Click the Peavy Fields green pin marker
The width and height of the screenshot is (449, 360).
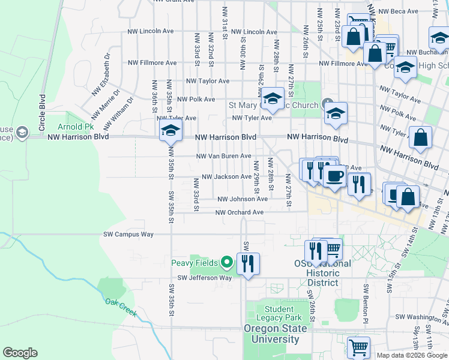[226, 262]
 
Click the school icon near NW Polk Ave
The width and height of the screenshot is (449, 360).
[273, 100]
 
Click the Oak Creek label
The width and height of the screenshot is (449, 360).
[121, 307]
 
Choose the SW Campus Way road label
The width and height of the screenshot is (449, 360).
[128, 234]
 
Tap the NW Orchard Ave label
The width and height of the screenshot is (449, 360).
[240, 212]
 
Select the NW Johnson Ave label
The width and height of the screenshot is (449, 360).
[243, 199]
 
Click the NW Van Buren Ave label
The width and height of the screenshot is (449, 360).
[224, 156]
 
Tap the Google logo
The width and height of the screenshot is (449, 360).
[20, 353]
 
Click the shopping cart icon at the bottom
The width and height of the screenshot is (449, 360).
[358, 347]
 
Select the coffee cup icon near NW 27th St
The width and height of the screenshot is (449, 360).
[334, 176]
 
